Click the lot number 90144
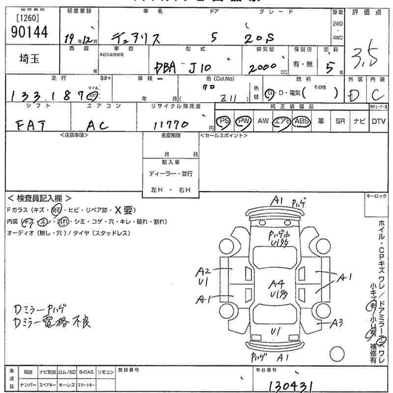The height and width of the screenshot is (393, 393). pos(29,32)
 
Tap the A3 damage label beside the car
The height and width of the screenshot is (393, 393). pos(336,323)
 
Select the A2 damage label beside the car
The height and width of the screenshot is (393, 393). pos(204,271)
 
